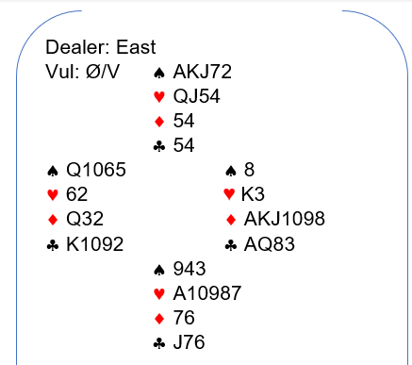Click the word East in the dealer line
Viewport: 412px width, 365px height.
[136, 47]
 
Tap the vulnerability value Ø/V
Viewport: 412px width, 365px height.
[103, 72]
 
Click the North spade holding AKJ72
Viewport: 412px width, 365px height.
[203, 72]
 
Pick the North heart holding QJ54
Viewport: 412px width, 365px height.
[196, 96]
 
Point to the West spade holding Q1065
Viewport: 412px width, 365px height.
[96, 170]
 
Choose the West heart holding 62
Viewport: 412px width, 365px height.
[76, 194]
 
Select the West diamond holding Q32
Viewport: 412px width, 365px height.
[85, 219]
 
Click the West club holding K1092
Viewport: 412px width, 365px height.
[94, 244]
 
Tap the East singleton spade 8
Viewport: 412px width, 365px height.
[249, 170]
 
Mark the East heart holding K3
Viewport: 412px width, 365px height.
[253, 194]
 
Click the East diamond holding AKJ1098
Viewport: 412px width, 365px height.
[284, 219]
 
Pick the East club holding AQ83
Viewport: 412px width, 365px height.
[270, 244]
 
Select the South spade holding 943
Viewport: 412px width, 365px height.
[190, 269]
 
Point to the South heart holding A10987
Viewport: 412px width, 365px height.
[207, 293]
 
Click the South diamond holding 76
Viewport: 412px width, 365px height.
[184, 318]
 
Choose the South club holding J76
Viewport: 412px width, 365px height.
[189, 342]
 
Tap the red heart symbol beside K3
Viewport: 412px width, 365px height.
[229, 194]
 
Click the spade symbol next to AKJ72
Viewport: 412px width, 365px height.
[159, 73]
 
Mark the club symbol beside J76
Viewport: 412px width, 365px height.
[159, 343]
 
